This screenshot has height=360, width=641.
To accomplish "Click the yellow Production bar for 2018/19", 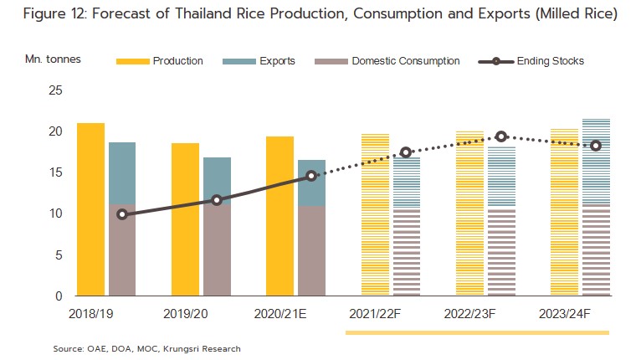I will tap(90, 209).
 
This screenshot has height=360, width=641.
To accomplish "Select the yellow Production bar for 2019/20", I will tap(185, 219).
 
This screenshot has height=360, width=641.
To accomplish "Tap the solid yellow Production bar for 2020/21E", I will tap(280, 216).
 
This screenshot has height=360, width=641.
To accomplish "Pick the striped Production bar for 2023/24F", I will tap(565, 213).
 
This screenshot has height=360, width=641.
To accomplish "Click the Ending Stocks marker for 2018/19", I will tap(122, 214).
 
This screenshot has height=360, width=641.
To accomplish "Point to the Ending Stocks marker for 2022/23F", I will tap(501, 136).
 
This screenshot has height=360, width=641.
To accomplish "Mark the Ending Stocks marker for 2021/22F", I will tap(406, 152).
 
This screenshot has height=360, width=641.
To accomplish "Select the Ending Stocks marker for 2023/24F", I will tap(596, 146).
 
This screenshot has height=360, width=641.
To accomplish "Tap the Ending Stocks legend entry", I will tap(531, 61).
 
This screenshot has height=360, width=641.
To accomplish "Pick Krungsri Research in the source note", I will tap(210, 347).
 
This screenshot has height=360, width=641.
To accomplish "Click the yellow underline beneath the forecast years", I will tap(477, 332).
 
